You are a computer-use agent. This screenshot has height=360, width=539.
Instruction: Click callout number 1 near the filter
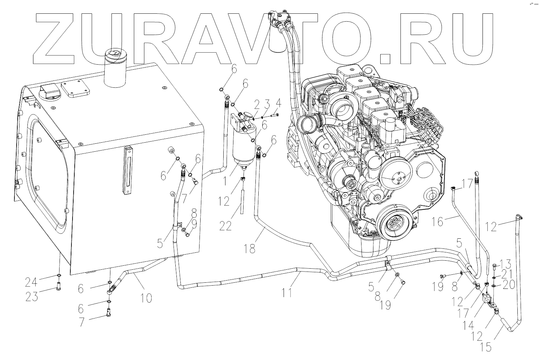click(225, 179)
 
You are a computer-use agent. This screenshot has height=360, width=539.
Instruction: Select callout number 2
click(257, 106)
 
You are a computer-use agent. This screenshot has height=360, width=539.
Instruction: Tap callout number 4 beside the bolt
click(278, 106)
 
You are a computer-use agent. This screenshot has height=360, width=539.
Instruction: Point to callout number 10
click(146, 298)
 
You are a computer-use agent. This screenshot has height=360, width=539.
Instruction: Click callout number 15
click(486, 347)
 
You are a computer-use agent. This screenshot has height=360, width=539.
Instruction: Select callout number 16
click(437, 221)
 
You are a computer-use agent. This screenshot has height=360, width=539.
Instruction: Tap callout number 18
click(250, 248)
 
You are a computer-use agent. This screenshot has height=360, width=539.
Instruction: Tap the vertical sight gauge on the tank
click(127, 171)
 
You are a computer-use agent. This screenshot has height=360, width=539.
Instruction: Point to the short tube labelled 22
click(243, 200)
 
